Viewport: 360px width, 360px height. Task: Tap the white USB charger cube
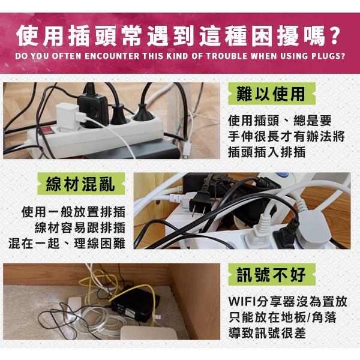tap(68, 113)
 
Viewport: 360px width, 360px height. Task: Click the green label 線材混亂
tap(80, 184)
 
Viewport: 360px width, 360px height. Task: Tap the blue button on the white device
tap(284, 176)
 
